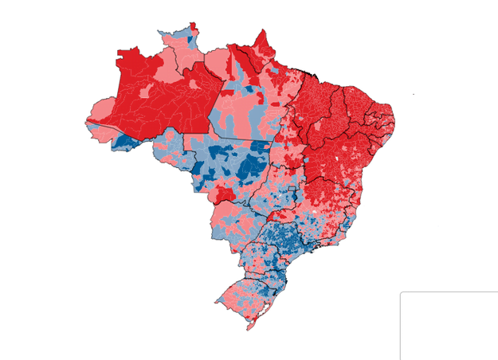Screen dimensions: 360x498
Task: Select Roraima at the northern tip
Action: coord(179,49)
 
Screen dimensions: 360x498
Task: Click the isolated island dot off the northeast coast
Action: coord(414,95)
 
